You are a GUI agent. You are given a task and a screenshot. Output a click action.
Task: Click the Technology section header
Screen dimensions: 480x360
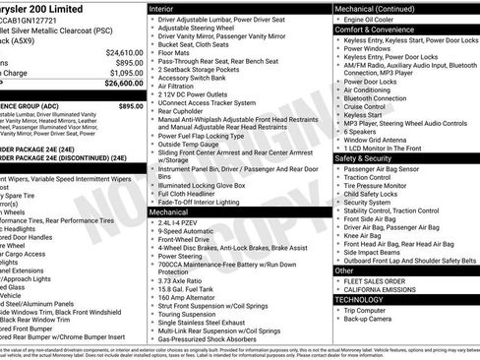pyautogui.click(x=356, y=299)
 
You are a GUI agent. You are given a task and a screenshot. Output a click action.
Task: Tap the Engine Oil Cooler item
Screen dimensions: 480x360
pyautogui.click(x=371, y=19)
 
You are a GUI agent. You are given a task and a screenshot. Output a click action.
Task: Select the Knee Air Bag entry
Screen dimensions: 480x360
pyautogui.click(x=366, y=235)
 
